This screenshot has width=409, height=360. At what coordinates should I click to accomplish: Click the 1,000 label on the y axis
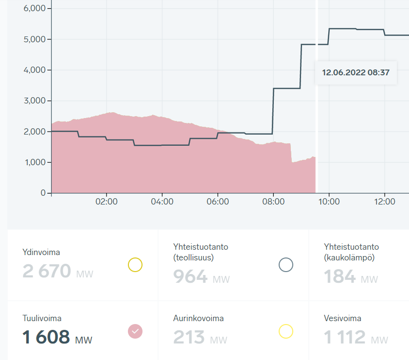[x=35, y=162]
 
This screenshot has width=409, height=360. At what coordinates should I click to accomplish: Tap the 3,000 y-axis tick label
[x=35, y=101]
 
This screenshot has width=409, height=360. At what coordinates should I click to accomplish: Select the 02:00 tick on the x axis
[x=107, y=201]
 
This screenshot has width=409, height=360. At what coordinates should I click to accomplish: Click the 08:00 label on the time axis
[x=273, y=201]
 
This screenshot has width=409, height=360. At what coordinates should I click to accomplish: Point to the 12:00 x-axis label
[x=384, y=201]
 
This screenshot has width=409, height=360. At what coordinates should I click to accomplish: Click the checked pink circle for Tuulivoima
[x=135, y=331]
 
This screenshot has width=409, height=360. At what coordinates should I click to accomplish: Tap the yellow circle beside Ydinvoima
[x=135, y=265]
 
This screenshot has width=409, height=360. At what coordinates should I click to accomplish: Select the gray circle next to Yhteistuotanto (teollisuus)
[x=286, y=265]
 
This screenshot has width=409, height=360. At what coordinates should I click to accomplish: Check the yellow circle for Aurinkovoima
[x=286, y=331]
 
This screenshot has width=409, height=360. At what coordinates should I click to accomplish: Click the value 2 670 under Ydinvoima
[x=47, y=271]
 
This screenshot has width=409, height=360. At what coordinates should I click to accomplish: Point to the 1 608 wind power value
[x=46, y=337]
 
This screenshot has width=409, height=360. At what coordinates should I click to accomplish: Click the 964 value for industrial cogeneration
[x=190, y=276]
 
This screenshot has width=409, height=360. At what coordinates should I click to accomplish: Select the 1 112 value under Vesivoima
[x=344, y=337]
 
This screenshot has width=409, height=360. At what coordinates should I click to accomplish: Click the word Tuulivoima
[x=42, y=318]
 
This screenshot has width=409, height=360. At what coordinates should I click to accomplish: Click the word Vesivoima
[x=342, y=318]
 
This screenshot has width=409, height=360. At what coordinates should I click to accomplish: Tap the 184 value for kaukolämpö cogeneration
[x=340, y=276]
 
